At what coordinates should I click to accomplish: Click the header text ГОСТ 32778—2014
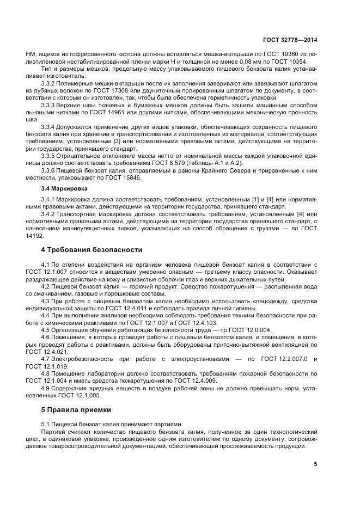pos(290,40)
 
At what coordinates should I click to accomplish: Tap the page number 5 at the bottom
pos(315,464)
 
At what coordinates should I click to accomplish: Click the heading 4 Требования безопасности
pos(91,250)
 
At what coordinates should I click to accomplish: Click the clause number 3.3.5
pos(51,155)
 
